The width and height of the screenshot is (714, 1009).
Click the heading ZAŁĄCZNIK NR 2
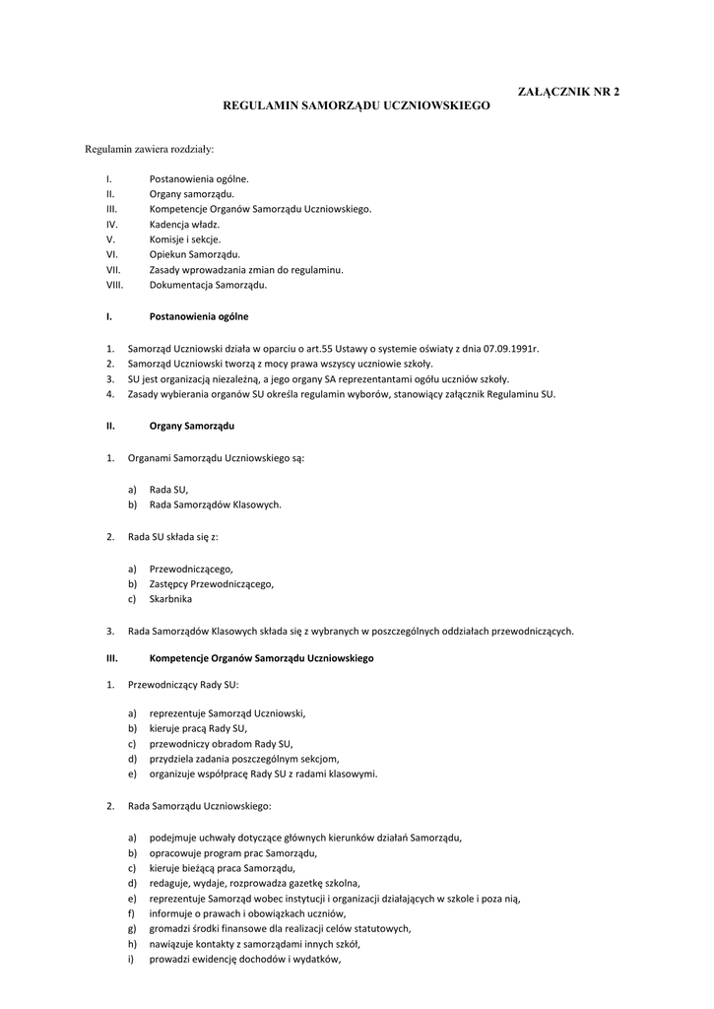(569, 91)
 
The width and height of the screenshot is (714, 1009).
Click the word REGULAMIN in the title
(260, 102)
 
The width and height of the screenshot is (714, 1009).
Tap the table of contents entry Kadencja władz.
(184, 224)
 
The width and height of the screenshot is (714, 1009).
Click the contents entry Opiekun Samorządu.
(194, 254)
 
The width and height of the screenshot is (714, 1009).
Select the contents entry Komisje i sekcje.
(185, 239)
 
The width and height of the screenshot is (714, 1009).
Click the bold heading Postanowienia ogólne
(199, 317)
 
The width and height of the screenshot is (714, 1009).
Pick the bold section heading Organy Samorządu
(191, 426)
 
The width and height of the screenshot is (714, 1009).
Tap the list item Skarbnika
(170, 598)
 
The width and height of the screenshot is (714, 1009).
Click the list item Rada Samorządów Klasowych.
(215, 504)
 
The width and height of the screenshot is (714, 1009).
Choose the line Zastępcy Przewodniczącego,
(212, 583)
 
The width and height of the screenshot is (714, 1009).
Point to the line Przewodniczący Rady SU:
(183, 683)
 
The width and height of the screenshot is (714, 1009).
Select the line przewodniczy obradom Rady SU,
(221, 743)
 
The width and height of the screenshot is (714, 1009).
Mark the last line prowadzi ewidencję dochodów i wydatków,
(245, 961)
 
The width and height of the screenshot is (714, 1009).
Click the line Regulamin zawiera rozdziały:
(149, 150)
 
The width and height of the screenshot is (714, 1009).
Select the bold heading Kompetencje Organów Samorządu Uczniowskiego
(261, 657)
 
